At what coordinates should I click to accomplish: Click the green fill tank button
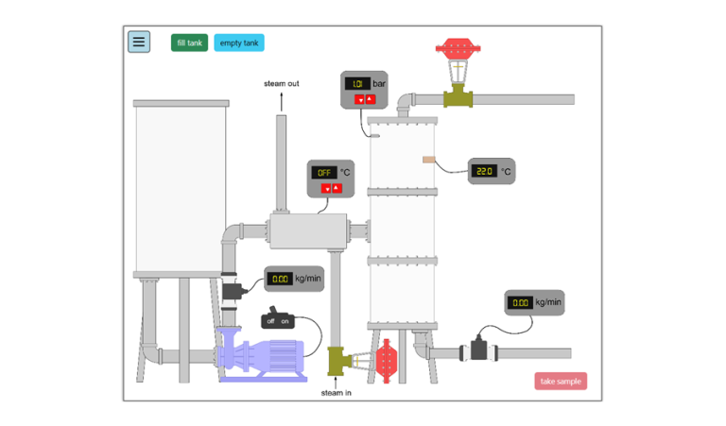189,43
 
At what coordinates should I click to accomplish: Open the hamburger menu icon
139,42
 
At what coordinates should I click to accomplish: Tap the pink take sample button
561,382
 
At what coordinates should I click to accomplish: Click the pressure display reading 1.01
357,84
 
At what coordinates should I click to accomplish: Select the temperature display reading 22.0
484,171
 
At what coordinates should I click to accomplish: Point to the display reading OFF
325,173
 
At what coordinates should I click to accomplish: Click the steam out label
282,84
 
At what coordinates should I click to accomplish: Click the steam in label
337,392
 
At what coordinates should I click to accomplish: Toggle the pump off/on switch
278,319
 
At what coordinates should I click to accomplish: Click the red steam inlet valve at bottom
386,360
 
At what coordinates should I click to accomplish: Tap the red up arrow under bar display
370,99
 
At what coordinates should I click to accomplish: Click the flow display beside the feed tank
281,279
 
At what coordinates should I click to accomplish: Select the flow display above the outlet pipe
520,303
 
